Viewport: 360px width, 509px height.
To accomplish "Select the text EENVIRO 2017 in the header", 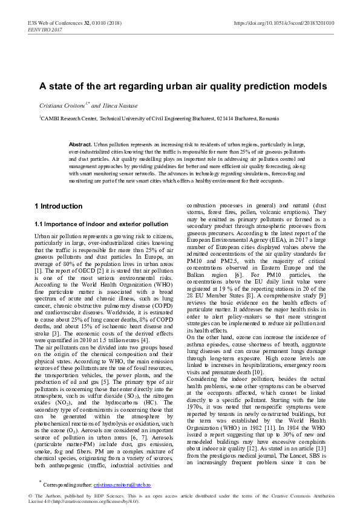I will click(47, 28).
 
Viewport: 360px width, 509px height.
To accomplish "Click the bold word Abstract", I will click(80, 145).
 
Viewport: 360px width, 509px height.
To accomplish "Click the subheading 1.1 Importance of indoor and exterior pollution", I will click(101, 224).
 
